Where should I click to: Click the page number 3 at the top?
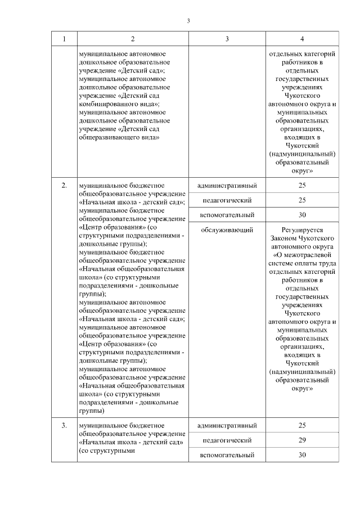click(x=189, y=21)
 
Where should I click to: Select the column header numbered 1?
click(x=64, y=39)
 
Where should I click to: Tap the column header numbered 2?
click(x=133, y=39)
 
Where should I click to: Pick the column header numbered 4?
click(x=303, y=39)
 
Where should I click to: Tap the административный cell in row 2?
click(x=227, y=186)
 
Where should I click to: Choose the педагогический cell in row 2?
click(x=227, y=200)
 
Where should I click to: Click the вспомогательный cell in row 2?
click(x=227, y=215)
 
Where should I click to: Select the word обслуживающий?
click(x=227, y=229)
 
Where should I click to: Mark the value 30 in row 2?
click(x=303, y=215)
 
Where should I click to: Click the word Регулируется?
click(x=303, y=229)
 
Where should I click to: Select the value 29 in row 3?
click(x=303, y=439)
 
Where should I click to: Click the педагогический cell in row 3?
click(x=227, y=439)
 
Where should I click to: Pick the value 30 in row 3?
click(x=303, y=454)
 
